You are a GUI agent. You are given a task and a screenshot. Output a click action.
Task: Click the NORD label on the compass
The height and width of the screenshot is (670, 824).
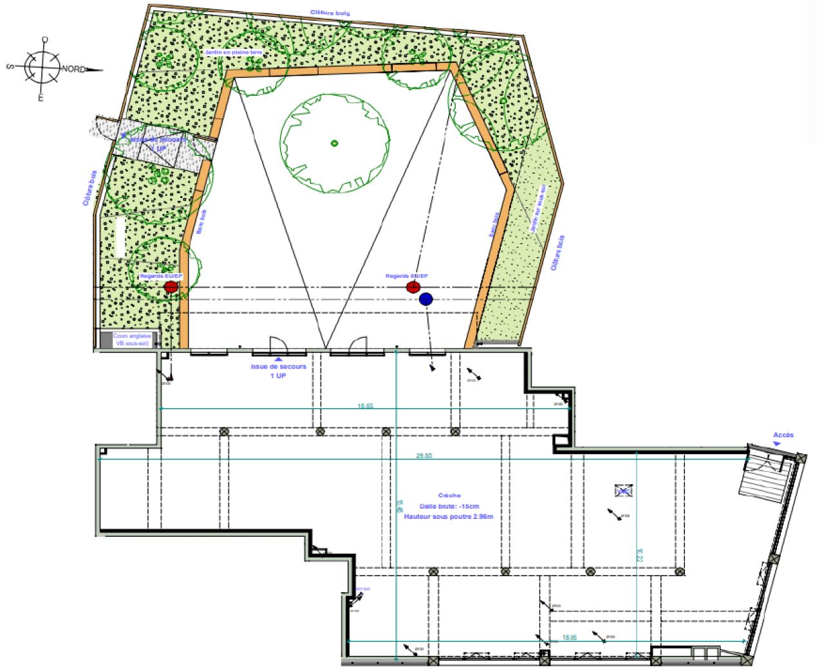(x=73, y=69)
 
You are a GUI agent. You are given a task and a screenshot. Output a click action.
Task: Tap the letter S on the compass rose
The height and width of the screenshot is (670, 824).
(x=11, y=66)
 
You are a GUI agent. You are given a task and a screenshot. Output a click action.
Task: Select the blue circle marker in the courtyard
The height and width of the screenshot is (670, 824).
(x=426, y=299)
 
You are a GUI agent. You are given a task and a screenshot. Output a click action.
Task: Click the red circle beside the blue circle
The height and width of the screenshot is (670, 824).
(x=413, y=287)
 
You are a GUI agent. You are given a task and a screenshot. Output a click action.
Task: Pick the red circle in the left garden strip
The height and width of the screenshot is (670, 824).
(x=171, y=287)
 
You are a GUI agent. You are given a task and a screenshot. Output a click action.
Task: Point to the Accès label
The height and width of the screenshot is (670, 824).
(x=783, y=435)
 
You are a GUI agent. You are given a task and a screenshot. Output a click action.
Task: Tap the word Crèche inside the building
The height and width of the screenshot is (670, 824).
(x=449, y=496)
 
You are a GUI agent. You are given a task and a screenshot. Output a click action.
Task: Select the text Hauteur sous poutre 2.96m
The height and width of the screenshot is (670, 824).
(x=448, y=516)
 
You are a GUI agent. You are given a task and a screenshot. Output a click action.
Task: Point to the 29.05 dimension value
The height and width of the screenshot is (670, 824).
(x=424, y=455)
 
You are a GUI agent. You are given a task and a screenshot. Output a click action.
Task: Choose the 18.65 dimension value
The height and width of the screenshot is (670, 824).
(x=365, y=406)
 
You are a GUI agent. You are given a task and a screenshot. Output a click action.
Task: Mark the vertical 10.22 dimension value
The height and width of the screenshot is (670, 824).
(x=639, y=554)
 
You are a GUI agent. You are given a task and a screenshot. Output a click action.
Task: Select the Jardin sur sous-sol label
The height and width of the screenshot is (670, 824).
(x=538, y=208)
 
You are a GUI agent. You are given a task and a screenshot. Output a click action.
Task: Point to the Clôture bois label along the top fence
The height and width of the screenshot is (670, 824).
(x=328, y=12)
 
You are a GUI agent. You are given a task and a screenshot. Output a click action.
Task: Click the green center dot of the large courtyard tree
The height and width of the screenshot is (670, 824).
(x=333, y=143)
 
